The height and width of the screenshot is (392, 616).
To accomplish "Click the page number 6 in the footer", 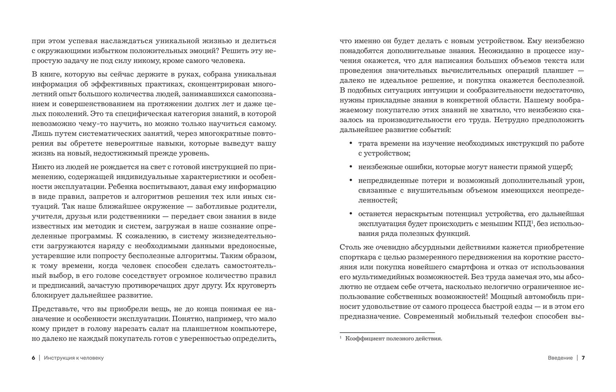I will (33, 358).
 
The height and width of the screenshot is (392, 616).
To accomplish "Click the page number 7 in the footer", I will (583, 358).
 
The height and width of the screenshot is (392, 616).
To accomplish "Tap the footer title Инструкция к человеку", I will (74, 358).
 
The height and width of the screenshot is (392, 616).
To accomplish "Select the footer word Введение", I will (560, 358).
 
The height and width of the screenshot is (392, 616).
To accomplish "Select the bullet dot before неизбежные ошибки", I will (350, 167).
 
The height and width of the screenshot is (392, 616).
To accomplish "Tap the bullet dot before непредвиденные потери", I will (350, 180).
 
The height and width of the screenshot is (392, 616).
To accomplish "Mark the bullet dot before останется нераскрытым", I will (350, 214).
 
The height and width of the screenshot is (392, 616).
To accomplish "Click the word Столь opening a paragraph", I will (350, 247).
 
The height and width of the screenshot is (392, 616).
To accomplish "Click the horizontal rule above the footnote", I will (387, 332).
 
